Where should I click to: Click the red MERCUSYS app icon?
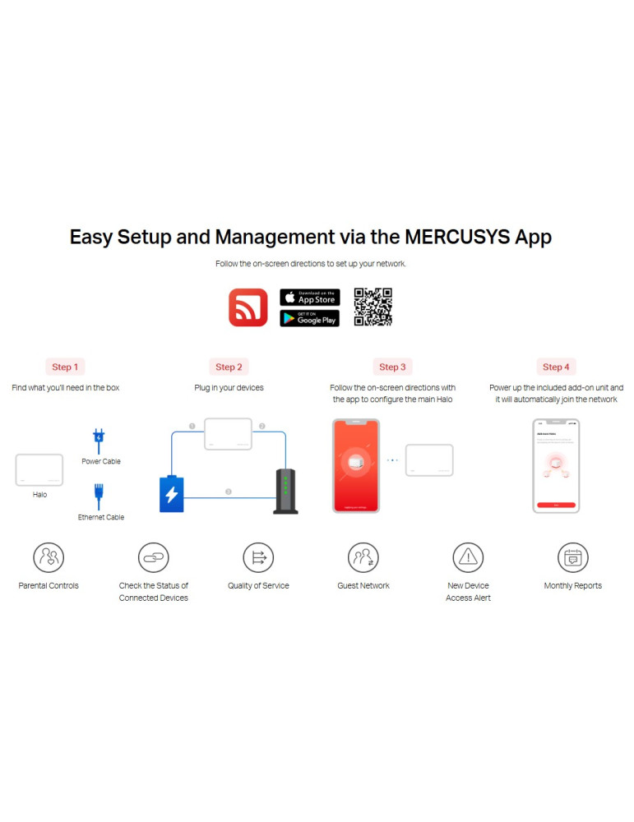pos(248,307)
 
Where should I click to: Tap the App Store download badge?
pos(309,297)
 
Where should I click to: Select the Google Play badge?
pos(309,318)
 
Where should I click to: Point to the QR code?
pos(373,307)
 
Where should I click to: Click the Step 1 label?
pos(65,367)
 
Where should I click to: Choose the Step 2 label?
pos(229,367)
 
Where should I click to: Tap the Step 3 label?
pos(391,367)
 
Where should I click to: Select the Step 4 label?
pos(555,367)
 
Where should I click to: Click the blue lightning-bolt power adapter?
pos(171,493)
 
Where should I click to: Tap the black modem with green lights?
pos(285,492)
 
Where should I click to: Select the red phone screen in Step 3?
pos(356,465)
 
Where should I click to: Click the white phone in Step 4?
pos(556,465)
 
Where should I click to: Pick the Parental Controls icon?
pos(49,557)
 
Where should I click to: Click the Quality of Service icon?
pos(258,557)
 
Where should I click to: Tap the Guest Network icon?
pos(363,557)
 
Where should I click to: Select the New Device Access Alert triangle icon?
pos(468,557)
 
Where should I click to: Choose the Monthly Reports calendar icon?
pos(572,557)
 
